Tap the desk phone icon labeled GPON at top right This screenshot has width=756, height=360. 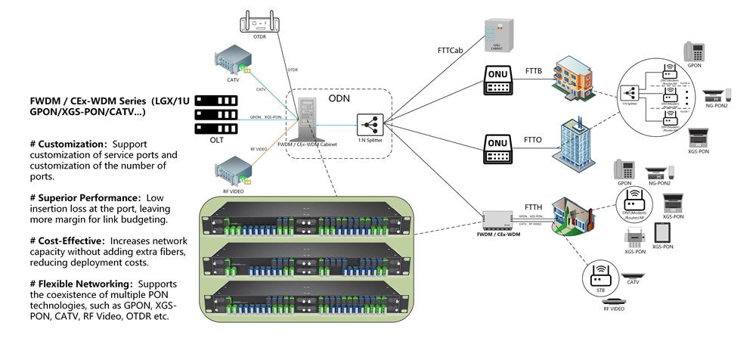(x=693, y=52)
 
